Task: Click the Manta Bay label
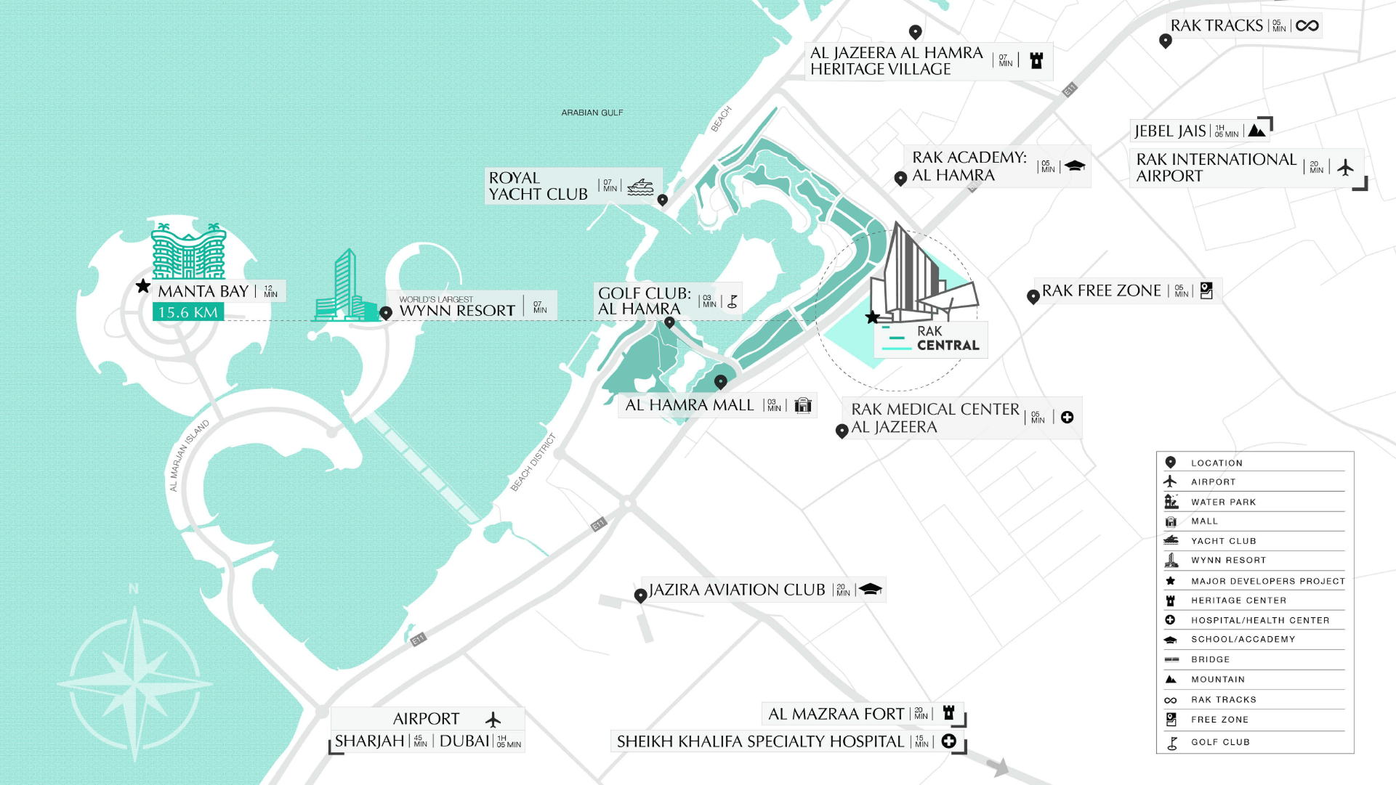[x=203, y=291]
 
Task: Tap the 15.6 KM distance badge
[x=187, y=312]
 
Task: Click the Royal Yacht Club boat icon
[x=640, y=187]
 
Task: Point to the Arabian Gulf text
[x=592, y=113]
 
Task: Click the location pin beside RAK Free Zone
[x=1033, y=296]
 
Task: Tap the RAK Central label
[x=947, y=338]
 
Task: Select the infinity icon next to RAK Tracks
[x=1307, y=26]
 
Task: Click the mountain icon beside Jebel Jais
[x=1256, y=131]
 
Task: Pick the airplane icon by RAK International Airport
[x=1345, y=168]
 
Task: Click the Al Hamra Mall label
[x=689, y=405]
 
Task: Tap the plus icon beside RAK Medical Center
[x=1067, y=417]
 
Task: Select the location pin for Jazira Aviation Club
[x=640, y=595]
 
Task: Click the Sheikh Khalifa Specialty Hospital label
[x=760, y=741]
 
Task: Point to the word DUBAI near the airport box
[x=464, y=741]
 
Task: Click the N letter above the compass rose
[x=134, y=589]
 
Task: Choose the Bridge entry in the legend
[x=1210, y=659]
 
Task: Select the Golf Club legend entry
[x=1219, y=742]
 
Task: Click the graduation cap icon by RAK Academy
[x=1075, y=166]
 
